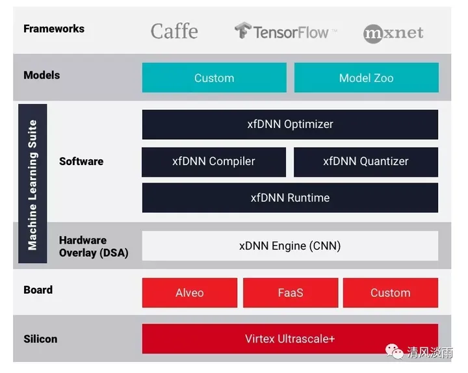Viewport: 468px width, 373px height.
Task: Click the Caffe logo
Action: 174,31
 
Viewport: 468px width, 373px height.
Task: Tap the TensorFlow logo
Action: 285,31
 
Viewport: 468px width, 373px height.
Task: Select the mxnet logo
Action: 393,32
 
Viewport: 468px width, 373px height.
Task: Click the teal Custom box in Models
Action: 214,78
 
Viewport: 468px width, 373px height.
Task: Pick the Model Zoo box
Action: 366,78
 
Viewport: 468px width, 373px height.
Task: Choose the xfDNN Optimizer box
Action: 290,124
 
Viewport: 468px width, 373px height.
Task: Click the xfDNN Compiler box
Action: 214,162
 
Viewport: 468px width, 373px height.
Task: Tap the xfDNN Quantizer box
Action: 365,162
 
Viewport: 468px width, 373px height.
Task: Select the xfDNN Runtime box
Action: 290,198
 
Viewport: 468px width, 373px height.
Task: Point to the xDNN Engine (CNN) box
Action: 290,246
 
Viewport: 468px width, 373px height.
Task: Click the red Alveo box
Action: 189,292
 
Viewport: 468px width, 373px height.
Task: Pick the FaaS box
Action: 290,292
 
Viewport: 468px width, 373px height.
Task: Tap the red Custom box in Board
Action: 390,292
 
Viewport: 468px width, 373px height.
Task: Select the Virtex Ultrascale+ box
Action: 290,339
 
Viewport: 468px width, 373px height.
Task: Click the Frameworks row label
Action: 54,29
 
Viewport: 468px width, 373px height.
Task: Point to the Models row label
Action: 42,75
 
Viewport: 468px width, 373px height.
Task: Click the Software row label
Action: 81,161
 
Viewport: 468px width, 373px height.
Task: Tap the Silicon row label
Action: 40,339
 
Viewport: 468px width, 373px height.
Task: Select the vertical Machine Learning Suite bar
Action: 32,184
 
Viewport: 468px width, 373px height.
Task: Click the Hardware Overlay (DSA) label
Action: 93,246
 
